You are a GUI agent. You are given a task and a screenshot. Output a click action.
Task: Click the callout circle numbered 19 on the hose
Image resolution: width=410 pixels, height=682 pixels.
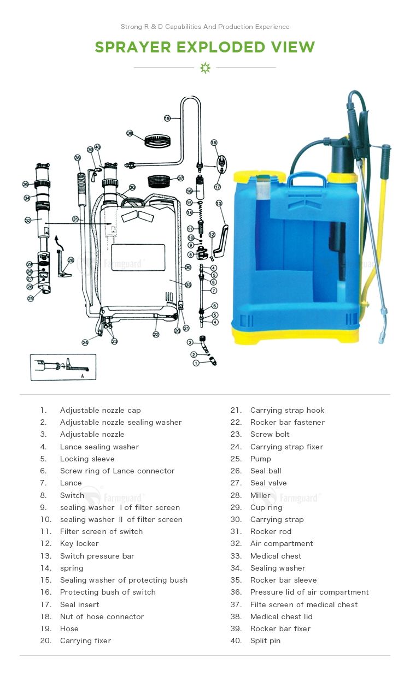tap(167, 118)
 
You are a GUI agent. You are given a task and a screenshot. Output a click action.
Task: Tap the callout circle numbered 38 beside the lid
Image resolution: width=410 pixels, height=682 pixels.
tap(130, 133)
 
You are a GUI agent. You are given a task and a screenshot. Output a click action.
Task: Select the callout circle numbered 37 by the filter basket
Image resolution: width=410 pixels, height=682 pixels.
tap(180, 178)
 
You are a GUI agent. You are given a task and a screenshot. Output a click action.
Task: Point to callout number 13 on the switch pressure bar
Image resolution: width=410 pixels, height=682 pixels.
tap(219, 203)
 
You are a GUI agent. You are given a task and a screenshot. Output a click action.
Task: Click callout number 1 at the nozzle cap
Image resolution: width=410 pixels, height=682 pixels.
tap(196, 363)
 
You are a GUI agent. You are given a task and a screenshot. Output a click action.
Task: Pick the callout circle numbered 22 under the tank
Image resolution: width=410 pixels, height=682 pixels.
tap(156, 334)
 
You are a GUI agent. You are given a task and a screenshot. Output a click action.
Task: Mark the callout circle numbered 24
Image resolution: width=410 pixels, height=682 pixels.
tap(85, 342)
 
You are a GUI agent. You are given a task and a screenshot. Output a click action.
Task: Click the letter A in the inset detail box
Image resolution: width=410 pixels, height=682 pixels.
tap(83, 376)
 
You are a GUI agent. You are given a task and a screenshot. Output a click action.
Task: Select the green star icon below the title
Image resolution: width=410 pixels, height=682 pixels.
tap(205, 68)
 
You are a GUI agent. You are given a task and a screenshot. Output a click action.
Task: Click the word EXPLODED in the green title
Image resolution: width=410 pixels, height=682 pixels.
tap(221, 48)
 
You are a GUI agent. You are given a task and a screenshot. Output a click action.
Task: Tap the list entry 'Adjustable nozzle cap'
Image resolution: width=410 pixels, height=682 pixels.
tap(100, 410)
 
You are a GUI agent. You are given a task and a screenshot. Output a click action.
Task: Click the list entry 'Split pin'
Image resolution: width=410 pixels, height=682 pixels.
tap(265, 641)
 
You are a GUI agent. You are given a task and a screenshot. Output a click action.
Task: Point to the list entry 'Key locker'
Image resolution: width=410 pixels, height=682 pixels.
tap(79, 543)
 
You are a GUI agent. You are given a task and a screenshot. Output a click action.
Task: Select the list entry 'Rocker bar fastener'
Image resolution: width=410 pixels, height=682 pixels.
tap(287, 422)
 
